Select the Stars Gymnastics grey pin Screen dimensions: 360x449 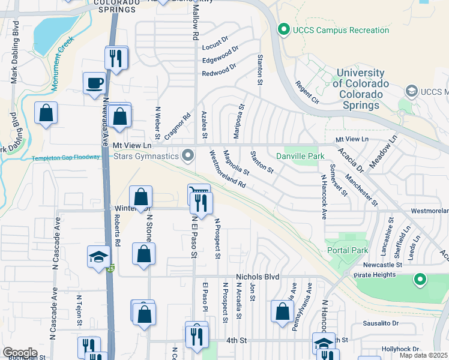(x=188, y=156)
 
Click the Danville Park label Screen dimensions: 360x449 (x=295, y=157)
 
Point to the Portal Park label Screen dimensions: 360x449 (x=347, y=250)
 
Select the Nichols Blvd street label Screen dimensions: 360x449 (x=258, y=277)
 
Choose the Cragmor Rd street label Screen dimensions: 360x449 (x=177, y=126)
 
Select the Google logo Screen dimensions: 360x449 (x=20, y=352)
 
